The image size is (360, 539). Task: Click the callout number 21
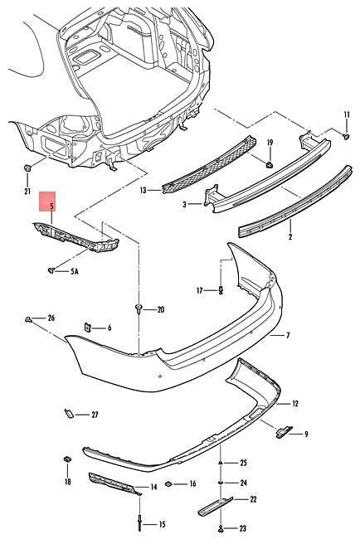(27, 192)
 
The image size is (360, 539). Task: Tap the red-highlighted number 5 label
(51, 206)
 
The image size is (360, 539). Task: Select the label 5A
(75, 271)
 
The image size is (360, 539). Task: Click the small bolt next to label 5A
(51, 270)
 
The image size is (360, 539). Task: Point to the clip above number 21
(27, 168)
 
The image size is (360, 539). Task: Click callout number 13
(143, 190)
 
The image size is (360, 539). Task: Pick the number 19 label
(270, 143)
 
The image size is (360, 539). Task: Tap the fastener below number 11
(346, 137)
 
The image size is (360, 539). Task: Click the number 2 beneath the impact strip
(290, 237)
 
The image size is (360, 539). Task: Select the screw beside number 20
(139, 308)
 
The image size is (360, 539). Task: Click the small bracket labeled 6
(88, 327)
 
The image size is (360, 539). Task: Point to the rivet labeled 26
(29, 320)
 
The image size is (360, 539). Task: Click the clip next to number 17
(221, 290)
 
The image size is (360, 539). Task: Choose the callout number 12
(295, 404)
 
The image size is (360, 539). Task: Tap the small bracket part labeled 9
(284, 431)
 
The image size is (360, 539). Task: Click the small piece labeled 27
(69, 413)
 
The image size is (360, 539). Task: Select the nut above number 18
(67, 459)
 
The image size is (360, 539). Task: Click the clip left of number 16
(168, 484)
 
